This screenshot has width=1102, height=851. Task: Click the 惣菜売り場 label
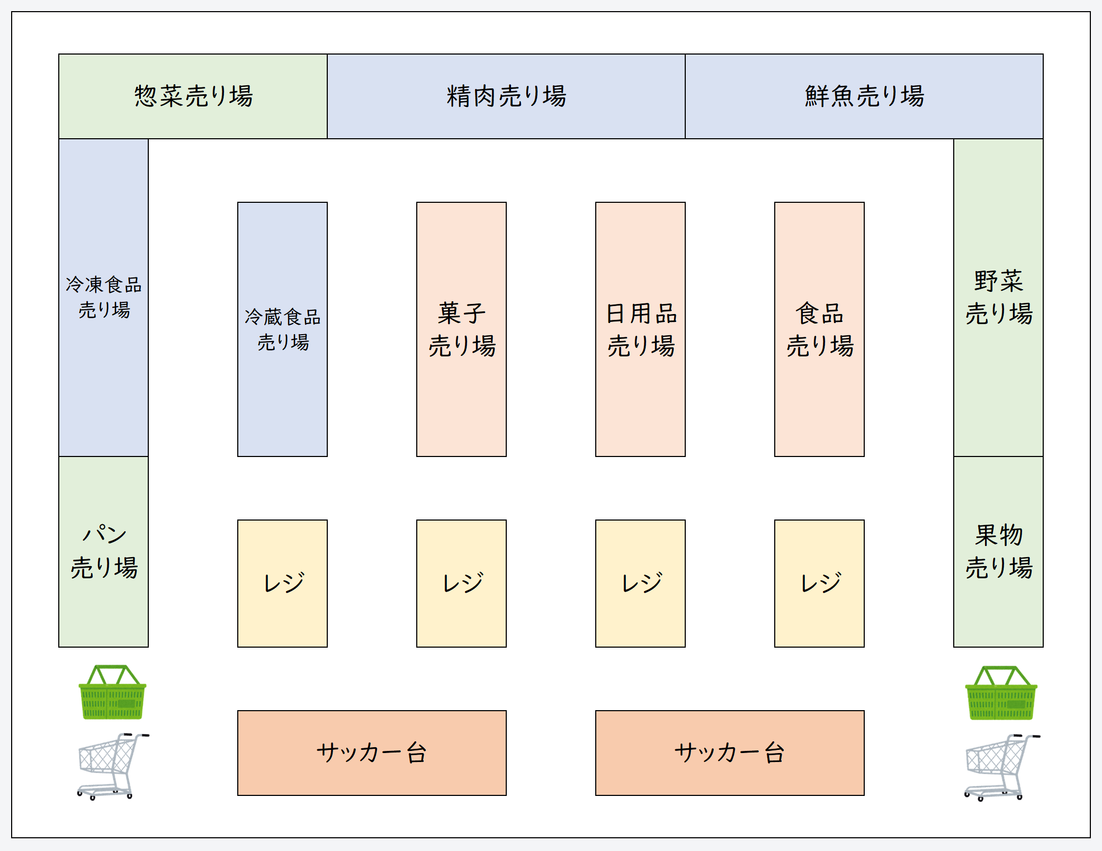coord(193,96)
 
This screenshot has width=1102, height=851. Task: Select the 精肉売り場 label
coord(506,96)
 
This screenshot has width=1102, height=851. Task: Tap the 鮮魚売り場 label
coord(864,96)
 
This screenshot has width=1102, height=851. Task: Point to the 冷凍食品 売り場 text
coord(104,297)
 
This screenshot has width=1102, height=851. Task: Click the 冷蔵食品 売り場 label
coord(283,329)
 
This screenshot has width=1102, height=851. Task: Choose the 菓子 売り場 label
coord(462,329)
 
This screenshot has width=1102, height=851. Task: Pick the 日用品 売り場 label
coord(641,329)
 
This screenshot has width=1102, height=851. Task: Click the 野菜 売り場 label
coord(999,297)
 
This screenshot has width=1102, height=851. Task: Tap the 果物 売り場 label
coord(999,551)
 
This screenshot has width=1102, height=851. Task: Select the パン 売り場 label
coord(104,551)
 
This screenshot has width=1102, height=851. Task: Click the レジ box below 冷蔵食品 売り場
coord(283,583)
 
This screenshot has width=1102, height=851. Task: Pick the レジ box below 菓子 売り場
coord(462,583)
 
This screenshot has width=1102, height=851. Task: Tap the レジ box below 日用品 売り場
coord(641,583)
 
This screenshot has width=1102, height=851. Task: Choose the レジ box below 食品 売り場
coord(820,583)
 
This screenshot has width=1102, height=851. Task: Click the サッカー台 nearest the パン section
coord(372,753)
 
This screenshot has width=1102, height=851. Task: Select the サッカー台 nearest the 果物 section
coord(730,753)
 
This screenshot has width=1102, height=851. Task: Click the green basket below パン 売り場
coord(112,693)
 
